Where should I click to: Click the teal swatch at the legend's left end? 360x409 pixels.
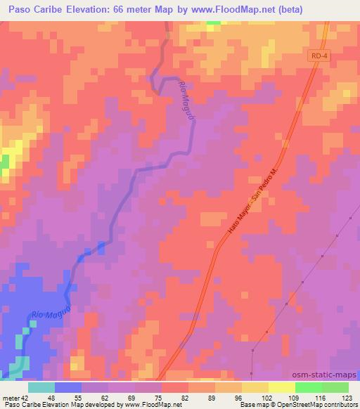[41, 387]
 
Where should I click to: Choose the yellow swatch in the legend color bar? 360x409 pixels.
[281, 387]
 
